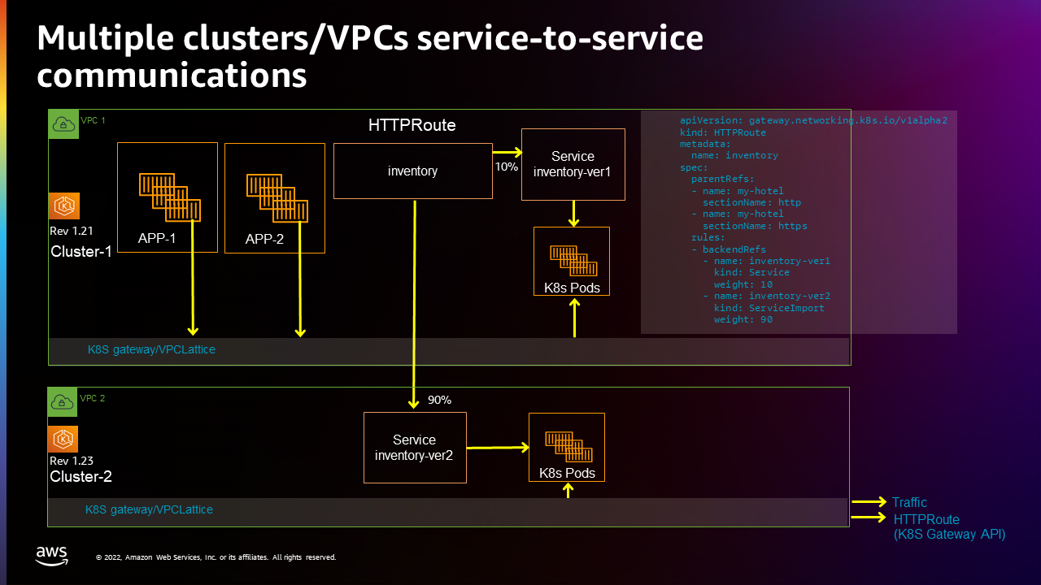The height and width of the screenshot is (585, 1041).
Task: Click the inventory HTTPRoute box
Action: pyautogui.click(x=412, y=171)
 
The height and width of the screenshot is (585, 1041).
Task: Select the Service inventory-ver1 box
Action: pyautogui.click(x=573, y=164)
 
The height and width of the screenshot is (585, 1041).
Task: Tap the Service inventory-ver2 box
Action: pyautogui.click(x=414, y=448)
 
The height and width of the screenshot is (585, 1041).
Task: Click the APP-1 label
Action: pyautogui.click(x=157, y=239)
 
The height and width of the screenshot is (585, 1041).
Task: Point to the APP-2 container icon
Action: pyautogui.click(x=277, y=197)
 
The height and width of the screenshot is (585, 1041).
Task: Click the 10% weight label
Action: pyautogui.click(x=506, y=167)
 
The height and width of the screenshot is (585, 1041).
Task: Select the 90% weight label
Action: pyautogui.click(x=439, y=400)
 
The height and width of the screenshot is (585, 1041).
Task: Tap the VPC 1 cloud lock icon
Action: pyautogui.click(x=63, y=123)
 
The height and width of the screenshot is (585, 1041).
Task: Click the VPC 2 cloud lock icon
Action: pyautogui.click(x=63, y=401)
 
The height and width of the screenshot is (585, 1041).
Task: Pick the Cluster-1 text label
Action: pyautogui.click(x=81, y=252)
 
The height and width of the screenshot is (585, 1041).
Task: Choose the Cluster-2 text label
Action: pyautogui.click(x=81, y=476)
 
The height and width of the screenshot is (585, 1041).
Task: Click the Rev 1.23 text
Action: pyautogui.click(x=72, y=461)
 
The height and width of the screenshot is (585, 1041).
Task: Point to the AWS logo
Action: pyautogui.click(x=52, y=556)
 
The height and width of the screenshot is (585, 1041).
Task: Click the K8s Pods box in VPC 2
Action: pyautogui.click(x=566, y=447)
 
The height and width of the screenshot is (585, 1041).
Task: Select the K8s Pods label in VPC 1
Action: pyautogui.click(x=572, y=288)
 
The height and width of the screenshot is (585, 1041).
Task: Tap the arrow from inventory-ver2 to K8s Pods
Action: pyautogui.click(x=498, y=447)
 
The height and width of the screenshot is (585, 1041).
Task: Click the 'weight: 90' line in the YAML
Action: pyautogui.click(x=743, y=319)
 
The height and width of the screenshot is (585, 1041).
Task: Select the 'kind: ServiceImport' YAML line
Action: pyautogui.click(x=769, y=308)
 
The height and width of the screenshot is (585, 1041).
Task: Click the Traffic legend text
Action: pyautogui.click(x=908, y=502)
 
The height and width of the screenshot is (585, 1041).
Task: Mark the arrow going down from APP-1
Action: pyautogui.click(x=193, y=292)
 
